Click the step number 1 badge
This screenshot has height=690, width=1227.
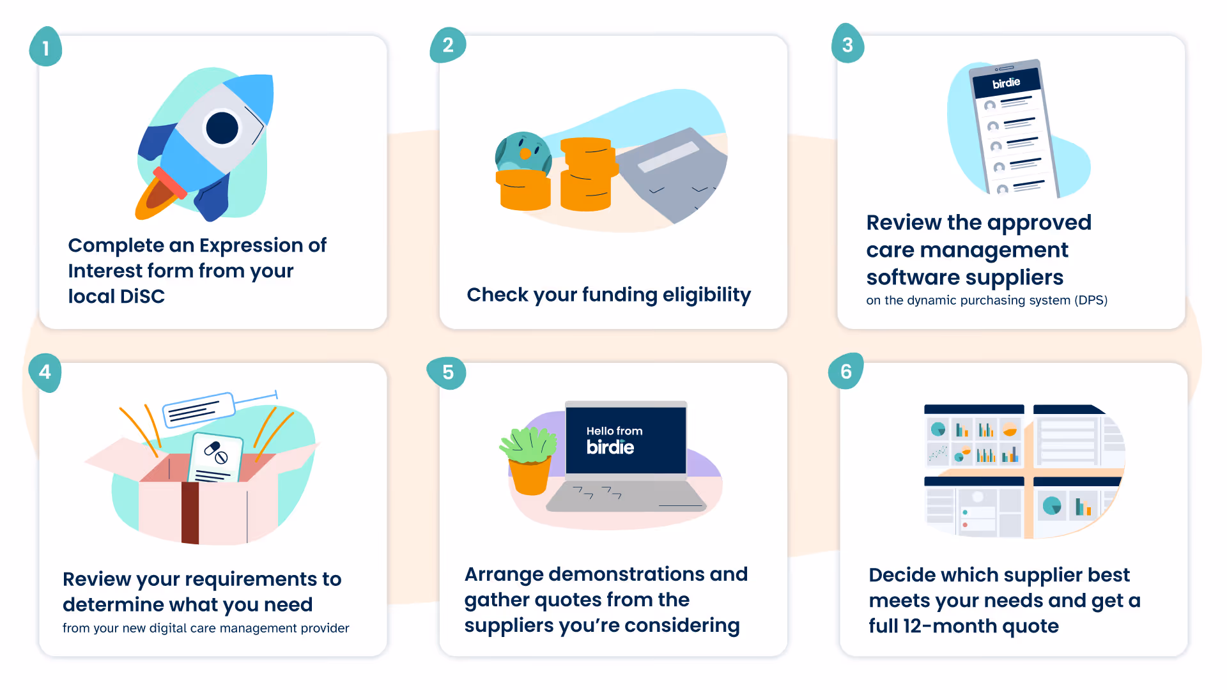pyautogui.click(x=45, y=47)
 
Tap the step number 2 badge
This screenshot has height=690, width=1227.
pyautogui.click(x=447, y=45)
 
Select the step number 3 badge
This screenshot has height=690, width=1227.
pyautogui.click(x=847, y=45)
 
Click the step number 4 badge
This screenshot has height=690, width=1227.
pyautogui.click(x=45, y=372)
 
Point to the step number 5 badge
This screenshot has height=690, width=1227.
pyautogui.click(x=447, y=372)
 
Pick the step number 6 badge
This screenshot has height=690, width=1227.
pyautogui.click(x=845, y=371)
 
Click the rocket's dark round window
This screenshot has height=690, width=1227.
pyautogui.click(x=222, y=128)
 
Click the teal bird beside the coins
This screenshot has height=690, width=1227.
pyautogui.click(x=523, y=152)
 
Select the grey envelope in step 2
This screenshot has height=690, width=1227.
pyautogui.click(x=671, y=172)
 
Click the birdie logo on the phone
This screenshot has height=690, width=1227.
pyautogui.click(x=1006, y=83)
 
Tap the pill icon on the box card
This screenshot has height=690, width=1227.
pyautogui.click(x=215, y=452)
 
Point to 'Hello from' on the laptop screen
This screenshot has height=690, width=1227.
pyautogui.click(x=614, y=431)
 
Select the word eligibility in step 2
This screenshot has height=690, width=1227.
pyautogui.click(x=706, y=295)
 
